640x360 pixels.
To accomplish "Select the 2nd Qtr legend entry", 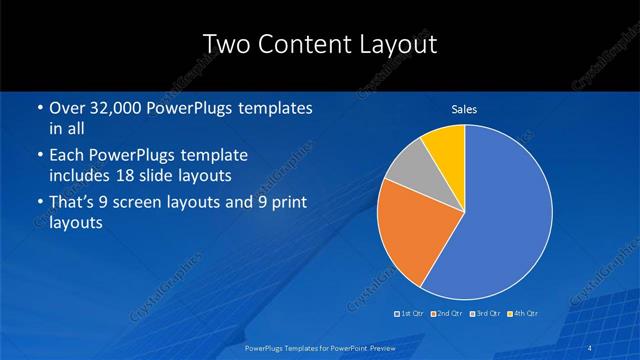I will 447,314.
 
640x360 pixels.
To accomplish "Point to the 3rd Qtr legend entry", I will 485,314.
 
